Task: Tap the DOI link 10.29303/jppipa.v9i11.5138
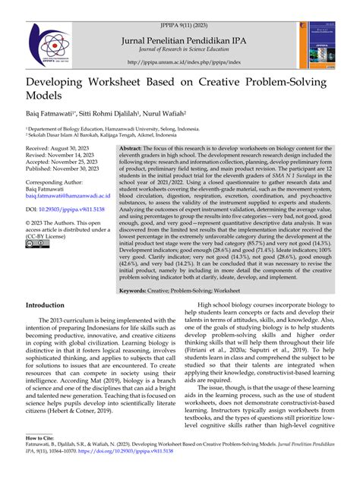pyautogui.click(x=67, y=208)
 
